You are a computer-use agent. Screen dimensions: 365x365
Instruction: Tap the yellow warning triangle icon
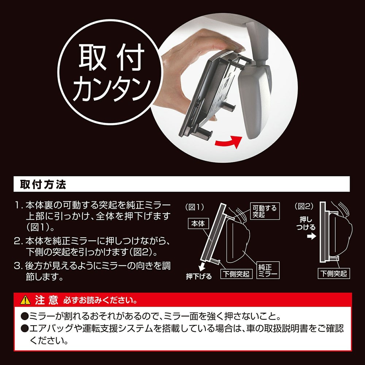[26, 300]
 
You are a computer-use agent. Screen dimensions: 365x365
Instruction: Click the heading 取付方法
[43, 184]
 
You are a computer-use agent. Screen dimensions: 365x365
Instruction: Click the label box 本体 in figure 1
[198, 224]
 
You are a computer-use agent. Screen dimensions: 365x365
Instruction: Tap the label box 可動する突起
[265, 211]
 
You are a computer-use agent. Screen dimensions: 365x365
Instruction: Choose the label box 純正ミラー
[268, 270]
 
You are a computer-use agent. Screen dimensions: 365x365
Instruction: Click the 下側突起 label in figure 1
[236, 274]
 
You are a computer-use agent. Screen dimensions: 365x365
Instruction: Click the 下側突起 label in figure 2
[334, 273]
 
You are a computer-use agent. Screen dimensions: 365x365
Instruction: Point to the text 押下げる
[199, 276]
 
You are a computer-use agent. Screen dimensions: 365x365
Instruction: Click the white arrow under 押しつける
[311, 236]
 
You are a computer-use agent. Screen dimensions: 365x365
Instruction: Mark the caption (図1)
[195, 207]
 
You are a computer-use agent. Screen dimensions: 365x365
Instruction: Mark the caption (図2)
[304, 206]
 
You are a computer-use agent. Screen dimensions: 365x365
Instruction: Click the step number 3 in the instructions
[17, 266]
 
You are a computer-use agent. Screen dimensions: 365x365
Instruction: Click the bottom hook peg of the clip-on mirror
[204, 133]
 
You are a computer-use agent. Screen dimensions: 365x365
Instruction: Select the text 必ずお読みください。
[100, 300]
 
